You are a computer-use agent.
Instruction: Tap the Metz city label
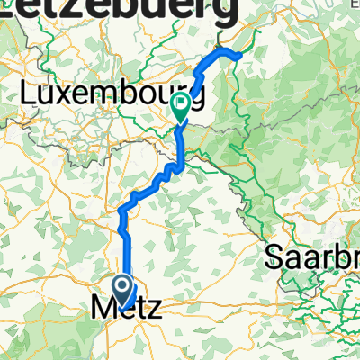[126, 308]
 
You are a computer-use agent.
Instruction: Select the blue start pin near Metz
[124, 290]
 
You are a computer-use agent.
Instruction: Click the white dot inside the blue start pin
[124, 285]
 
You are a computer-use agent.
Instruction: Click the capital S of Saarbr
[274, 258]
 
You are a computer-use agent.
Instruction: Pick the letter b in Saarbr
[333, 257]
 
